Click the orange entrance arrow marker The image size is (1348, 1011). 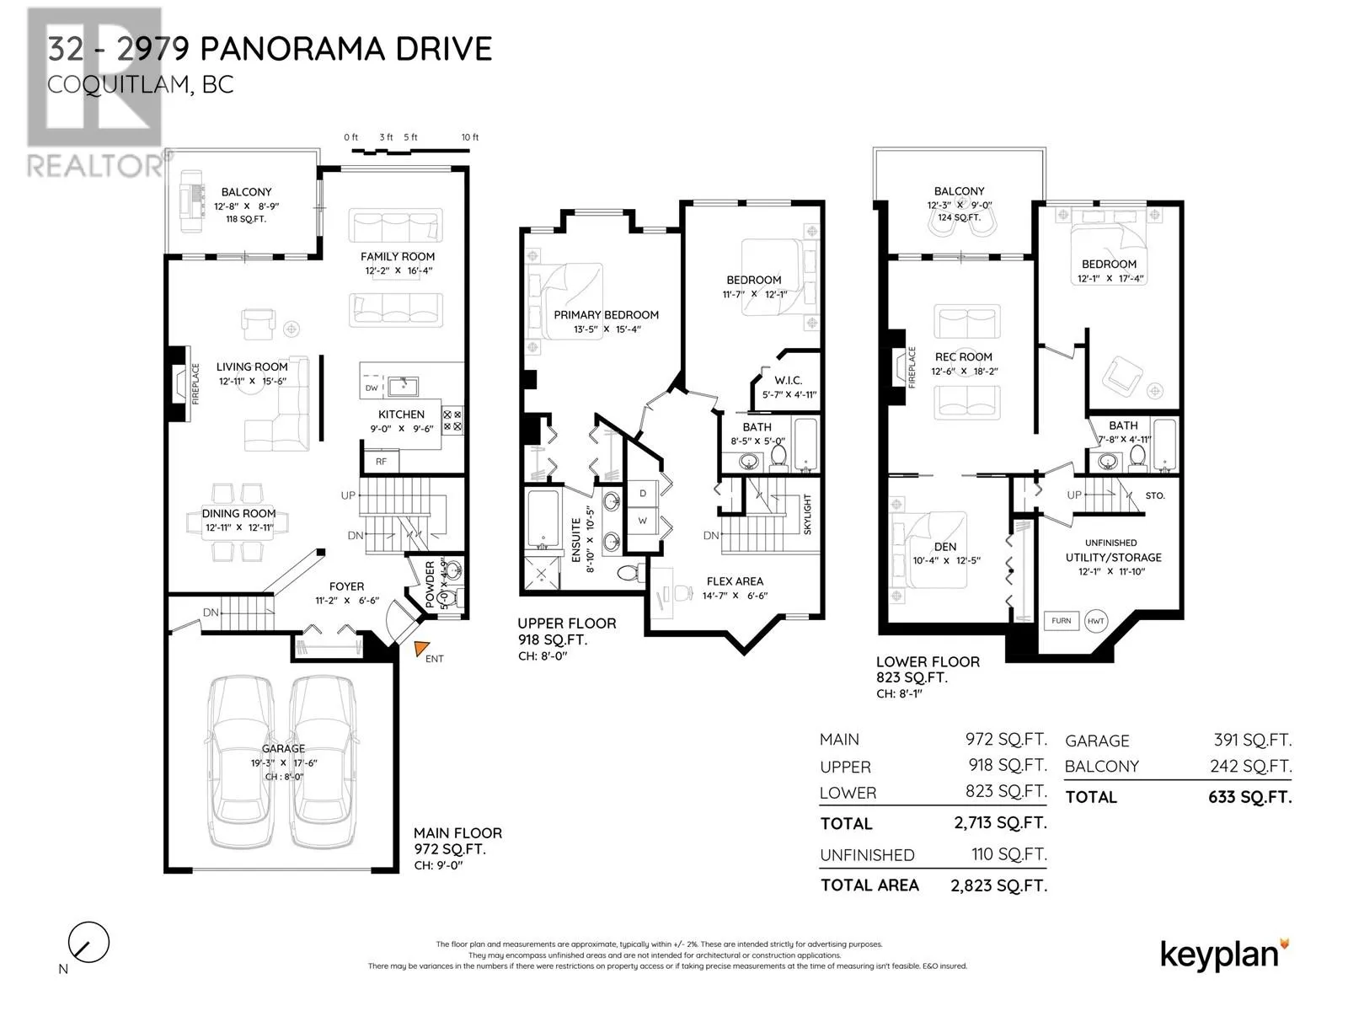[x=421, y=648]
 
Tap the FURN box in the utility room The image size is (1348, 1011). [x=1061, y=621]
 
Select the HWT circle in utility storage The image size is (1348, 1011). [x=1095, y=621]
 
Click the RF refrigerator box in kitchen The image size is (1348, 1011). [x=381, y=461]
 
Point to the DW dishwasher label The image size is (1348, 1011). [x=372, y=388]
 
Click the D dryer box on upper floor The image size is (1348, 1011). [x=642, y=494]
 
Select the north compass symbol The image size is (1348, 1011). [x=88, y=942]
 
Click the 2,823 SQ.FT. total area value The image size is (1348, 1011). [x=998, y=885]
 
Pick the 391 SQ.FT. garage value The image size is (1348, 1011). [x=1252, y=741]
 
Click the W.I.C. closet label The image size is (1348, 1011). [x=788, y=381]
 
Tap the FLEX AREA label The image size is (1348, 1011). [x=735, y=581]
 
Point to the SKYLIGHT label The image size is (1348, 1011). [x=807, y=514]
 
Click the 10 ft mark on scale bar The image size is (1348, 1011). [x=470, y=137]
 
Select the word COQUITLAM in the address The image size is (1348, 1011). [x=119, y=85]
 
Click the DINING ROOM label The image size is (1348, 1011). [x=239, y=513]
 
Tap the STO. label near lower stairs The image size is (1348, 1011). [x=1154, y=495]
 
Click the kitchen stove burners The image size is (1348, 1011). [x=452, y=420]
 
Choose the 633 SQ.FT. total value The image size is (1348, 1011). [x=1249, y=797]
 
